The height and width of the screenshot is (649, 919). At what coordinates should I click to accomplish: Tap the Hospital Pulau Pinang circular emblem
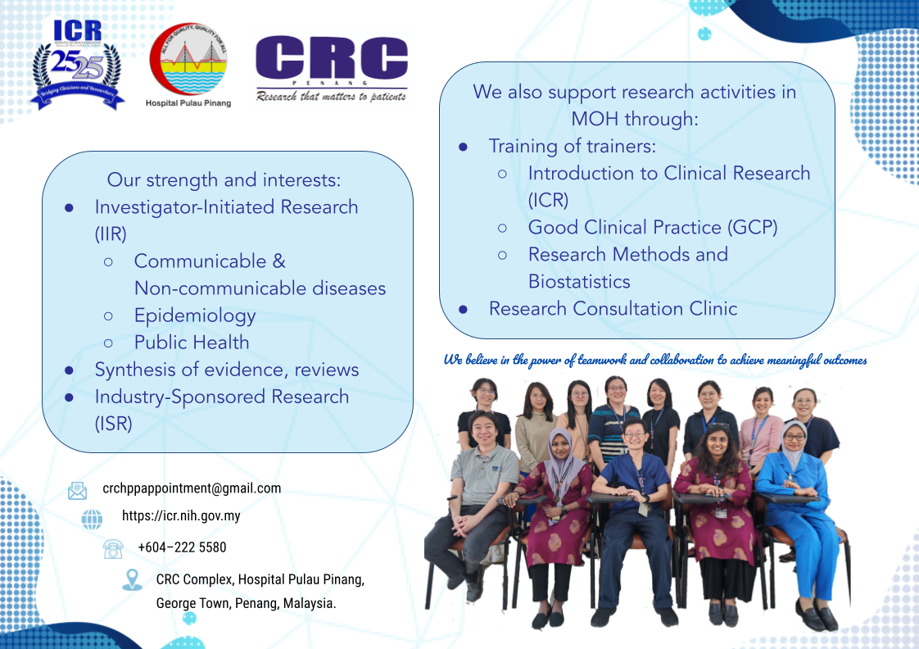[188, 59]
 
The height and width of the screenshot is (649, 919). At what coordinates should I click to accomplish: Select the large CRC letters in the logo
[331, 59]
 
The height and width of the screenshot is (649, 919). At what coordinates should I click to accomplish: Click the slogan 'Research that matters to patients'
[331, 96]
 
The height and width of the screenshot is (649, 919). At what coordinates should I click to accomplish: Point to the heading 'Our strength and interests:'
[224, 179]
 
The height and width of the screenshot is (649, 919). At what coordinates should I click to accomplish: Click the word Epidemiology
[195, 315]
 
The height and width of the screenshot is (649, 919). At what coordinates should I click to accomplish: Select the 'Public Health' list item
[192, 343]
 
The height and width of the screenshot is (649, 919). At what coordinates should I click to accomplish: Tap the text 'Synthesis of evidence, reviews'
[227, 370]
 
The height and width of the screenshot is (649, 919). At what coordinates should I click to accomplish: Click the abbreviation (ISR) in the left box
[113, 424]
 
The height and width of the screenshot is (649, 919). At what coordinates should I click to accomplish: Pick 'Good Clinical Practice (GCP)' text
[652, 227]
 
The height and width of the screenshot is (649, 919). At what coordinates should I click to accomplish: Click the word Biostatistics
[579, 281]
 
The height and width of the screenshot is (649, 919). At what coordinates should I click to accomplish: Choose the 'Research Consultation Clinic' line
[613, 309]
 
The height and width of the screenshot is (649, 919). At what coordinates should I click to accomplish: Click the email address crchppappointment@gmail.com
[192, 488]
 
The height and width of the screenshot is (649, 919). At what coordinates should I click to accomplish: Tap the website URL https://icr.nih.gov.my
[181, 516]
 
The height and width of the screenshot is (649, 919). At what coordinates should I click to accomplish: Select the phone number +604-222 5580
[182, 547]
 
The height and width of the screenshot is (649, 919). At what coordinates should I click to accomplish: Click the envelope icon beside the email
[77, 490]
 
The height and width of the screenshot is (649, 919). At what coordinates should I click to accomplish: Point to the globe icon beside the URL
[92, 519]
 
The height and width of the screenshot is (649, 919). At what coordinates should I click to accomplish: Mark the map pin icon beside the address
[132, 580]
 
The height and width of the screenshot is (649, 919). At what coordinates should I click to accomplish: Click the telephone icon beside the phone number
[113, 548]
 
